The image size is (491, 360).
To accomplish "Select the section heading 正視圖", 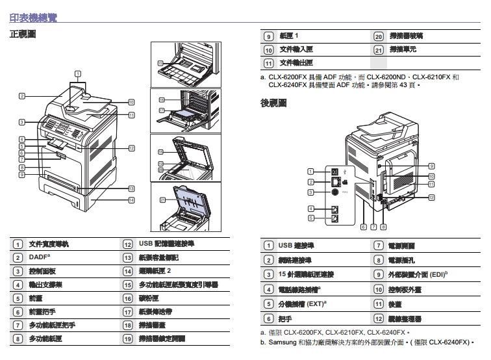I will [23, 34].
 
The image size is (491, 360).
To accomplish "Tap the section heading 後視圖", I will [273, 104].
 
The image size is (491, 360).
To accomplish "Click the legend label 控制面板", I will [42, 271].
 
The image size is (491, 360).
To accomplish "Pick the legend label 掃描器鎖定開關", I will [162, 339].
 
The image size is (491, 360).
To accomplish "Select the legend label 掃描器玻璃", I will [406, 36].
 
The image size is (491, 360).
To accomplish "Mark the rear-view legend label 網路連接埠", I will [295, 260].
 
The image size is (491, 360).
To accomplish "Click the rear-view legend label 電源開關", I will [401, 246].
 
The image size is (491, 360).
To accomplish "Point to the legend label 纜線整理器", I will [405, 319].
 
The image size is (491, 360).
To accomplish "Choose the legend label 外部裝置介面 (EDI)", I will [417, 274].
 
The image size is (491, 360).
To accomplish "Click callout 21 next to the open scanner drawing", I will [161, 200].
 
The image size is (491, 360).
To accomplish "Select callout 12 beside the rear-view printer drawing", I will [431, 197].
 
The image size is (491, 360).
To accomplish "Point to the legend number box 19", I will [127, 339].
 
